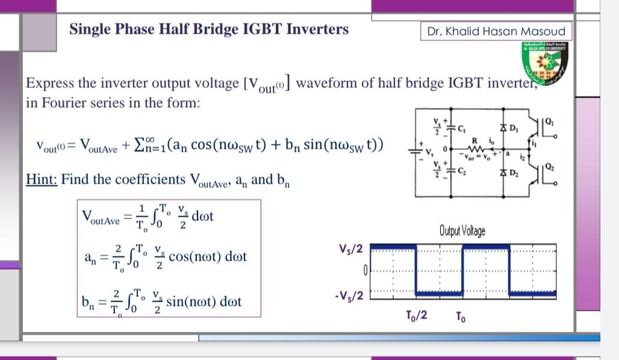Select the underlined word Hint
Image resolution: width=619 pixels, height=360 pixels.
coord(42,179)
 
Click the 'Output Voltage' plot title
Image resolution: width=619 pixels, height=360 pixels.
coord(462,231)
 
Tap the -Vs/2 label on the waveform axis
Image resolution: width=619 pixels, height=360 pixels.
coord(347,296)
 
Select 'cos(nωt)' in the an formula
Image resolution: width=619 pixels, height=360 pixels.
coord(196,256)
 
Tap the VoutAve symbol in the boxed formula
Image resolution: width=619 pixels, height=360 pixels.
coord(101,218)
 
